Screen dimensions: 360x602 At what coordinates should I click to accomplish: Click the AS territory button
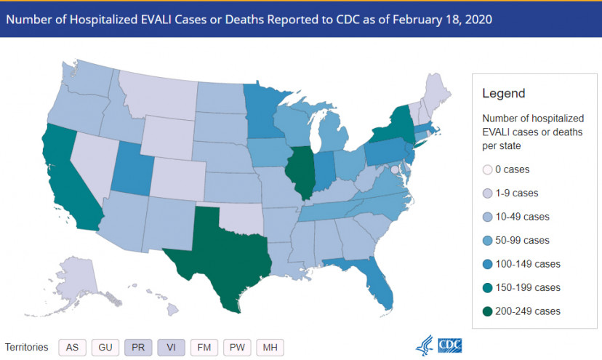tap(72, 347)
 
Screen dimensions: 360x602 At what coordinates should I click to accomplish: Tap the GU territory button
tap(105, 347)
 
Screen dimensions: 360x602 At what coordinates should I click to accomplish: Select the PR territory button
tap(138, 347)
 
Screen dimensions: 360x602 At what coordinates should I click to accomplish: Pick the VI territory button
tap(170, 347)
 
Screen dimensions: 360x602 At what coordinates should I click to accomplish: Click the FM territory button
tap(204, 347)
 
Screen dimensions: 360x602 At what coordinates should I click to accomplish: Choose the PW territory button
tap(237, 347)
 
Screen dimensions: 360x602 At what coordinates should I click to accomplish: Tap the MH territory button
tap(270, 347)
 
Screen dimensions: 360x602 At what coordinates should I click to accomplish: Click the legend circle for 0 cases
tap(489, 169)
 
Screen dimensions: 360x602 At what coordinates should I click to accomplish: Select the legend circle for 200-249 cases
tap(489, 311)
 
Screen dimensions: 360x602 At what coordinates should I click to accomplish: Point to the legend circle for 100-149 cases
tap(489, 264)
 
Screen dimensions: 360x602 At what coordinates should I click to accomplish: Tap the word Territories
tap(28, 347)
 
